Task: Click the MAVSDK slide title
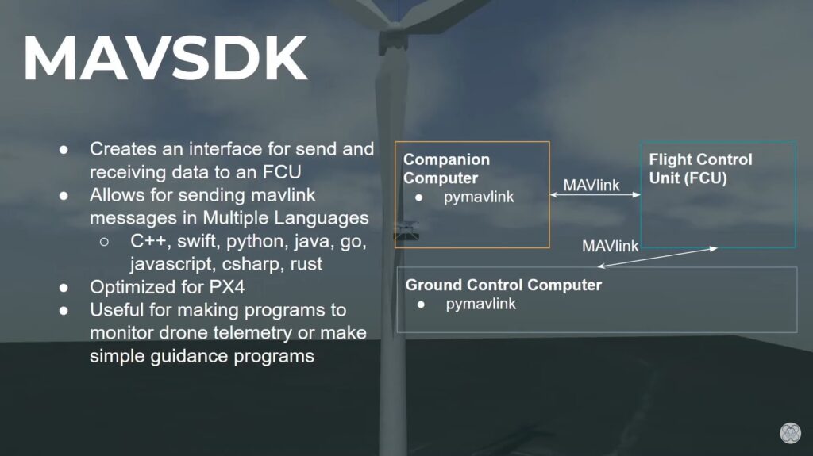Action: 165,58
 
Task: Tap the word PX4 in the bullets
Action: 226,287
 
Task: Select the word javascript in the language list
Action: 172,264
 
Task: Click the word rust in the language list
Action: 306,264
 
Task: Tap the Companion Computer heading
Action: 446,168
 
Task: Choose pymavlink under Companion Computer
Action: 479,197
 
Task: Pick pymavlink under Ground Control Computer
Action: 480,304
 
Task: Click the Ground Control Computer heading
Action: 503,285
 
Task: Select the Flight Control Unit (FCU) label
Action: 700,168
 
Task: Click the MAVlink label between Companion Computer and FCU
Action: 591,185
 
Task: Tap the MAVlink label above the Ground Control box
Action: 611,246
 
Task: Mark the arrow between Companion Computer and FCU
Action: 595,195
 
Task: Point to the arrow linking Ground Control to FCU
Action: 657,258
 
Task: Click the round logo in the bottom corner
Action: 790,433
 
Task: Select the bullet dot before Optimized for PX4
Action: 64,288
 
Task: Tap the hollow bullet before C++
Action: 104,241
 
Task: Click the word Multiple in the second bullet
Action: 235,218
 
